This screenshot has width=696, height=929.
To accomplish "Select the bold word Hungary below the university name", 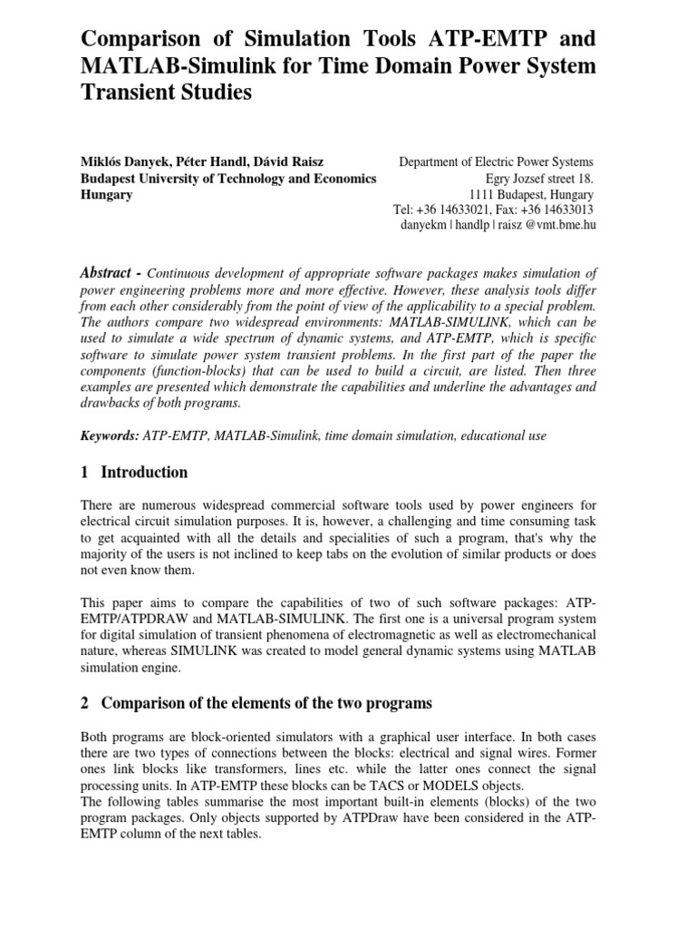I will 107,194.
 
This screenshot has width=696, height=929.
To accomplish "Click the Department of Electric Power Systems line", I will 497,162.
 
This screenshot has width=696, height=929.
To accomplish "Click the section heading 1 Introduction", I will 134,472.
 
